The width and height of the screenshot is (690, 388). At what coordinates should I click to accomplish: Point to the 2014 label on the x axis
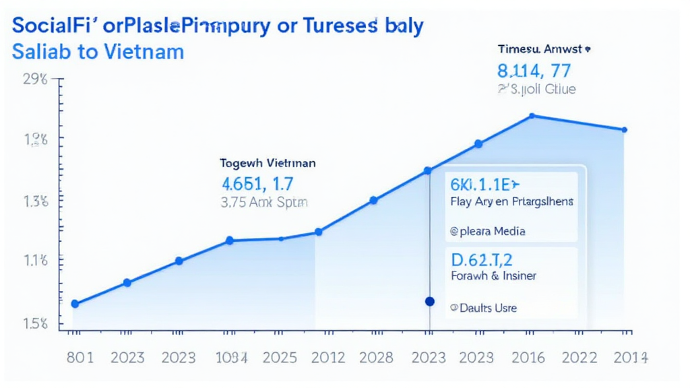click(x=629, y=358)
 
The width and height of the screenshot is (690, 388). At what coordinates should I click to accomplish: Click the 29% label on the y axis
click(x=36, y=79)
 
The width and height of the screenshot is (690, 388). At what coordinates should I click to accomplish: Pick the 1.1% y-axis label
click(x=36, y=261)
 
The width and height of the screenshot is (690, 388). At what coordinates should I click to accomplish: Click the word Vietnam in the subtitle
click(x=142, y=51)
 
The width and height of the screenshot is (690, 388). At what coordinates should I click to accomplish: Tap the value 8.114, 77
click(x=534, y=69)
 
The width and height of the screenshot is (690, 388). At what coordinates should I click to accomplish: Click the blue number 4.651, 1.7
click(x=258, y=183)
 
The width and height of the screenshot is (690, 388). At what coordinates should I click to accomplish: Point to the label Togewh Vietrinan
click(x=268, y=163)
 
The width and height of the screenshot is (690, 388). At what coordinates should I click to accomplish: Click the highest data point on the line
click(x=532, y=116)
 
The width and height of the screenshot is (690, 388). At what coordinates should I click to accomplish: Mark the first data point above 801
click(x=75, y=304)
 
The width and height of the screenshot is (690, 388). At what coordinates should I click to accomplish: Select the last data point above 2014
click(x=624, y=129)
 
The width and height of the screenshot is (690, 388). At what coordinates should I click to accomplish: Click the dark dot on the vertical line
click(x=430, y=301)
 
